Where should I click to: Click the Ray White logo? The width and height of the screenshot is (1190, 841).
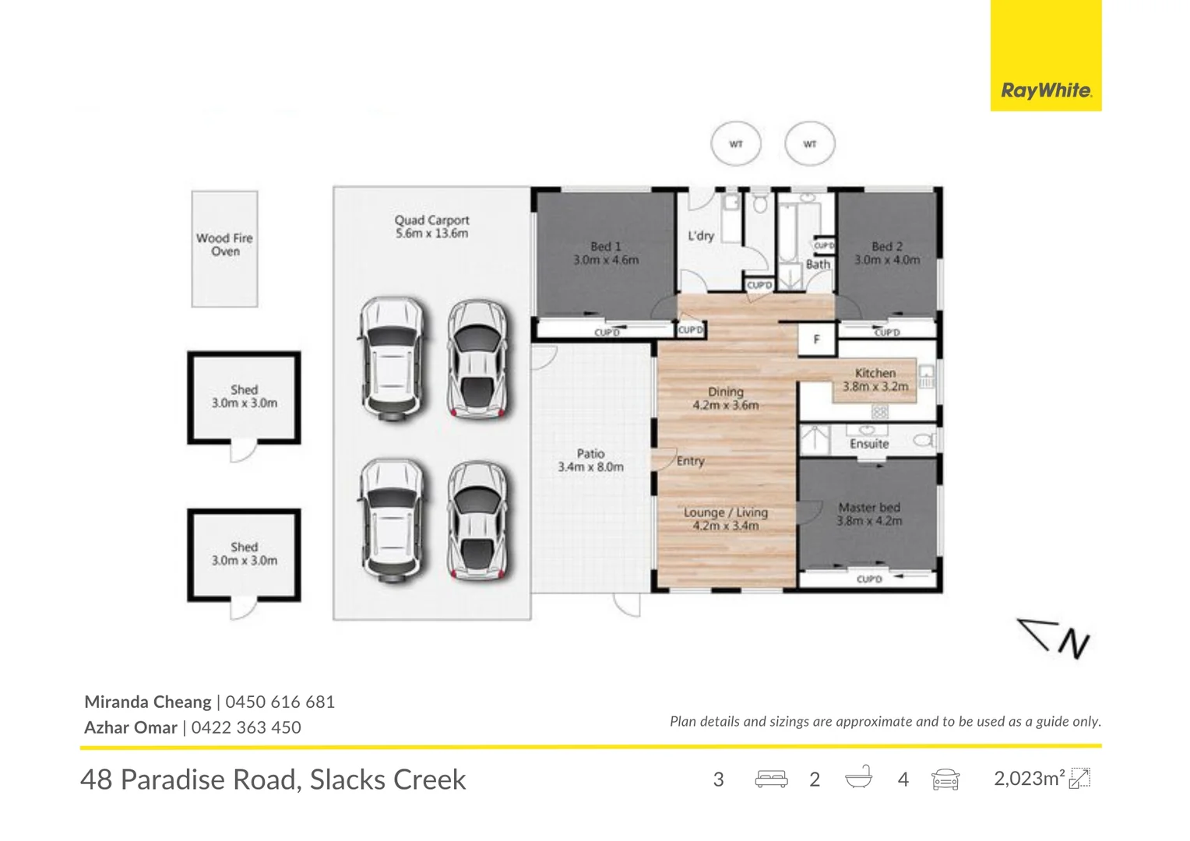(1046, 55)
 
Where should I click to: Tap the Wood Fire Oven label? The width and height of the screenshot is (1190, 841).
(225, 245)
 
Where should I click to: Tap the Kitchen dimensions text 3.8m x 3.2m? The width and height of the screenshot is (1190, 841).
(875, 387)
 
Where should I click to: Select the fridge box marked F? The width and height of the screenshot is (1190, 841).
(816, 339)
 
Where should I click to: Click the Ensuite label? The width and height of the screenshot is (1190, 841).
(869, 444)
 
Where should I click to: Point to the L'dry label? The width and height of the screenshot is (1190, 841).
(701, 235)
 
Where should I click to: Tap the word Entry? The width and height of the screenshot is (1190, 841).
(690, 461)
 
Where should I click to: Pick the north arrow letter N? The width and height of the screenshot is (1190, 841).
(1074, 644)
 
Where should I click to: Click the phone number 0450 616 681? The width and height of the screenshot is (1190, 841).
(280, 702)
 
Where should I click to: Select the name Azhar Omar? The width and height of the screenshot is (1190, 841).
(131, 727)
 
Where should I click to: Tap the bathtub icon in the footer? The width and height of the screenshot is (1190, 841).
(858, 779)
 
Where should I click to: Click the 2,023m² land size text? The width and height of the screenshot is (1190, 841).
(1029, 778)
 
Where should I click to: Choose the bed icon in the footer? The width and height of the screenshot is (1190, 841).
(771, 779)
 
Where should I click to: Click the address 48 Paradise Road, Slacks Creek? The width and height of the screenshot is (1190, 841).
(273, 780)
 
